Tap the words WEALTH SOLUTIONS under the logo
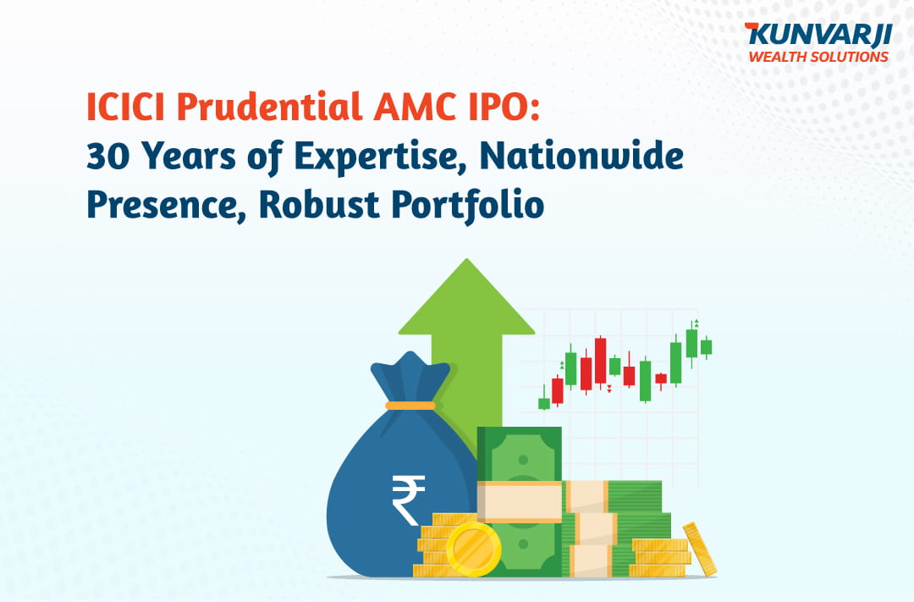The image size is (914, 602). (x=818, y=57)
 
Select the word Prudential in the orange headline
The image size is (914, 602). (x=269, y=107)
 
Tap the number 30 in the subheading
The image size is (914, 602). (x=107, y=156)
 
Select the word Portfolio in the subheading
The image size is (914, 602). (x=467, y=206)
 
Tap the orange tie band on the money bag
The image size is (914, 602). (x=410, y=406)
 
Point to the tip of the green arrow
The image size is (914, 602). (x=466, y=259)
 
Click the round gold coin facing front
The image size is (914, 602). (x=473, y=549)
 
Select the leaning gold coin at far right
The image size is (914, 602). (x=700, y=549)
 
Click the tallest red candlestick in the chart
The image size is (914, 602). (x=600, y=361)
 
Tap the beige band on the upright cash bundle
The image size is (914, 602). (x=520, y=501)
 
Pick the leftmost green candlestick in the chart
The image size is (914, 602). (x=544, y=401)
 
